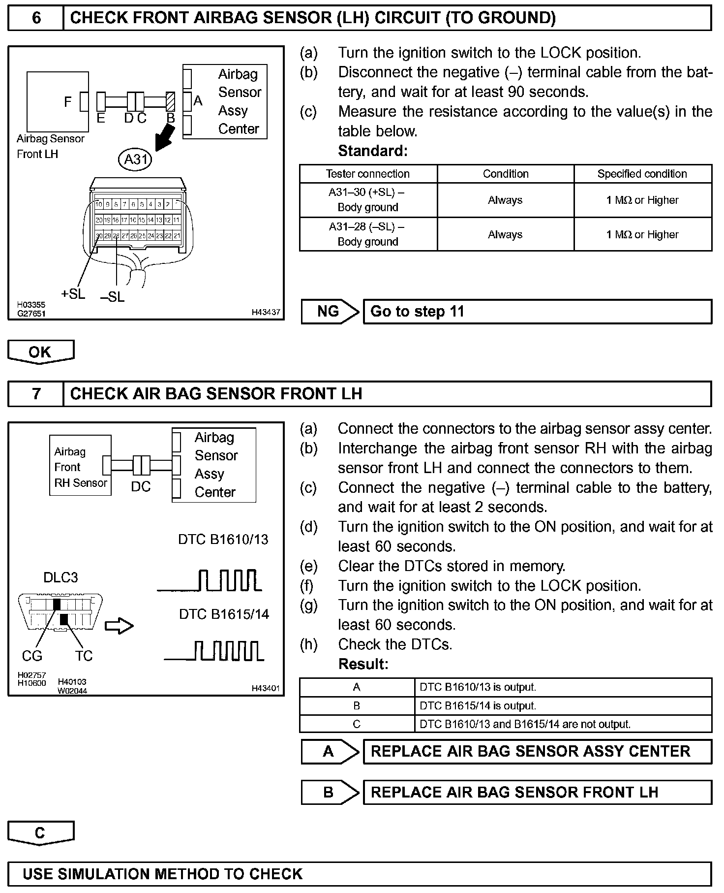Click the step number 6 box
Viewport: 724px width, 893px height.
36,18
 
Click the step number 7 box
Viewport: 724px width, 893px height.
36,394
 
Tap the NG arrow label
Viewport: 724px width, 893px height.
329,312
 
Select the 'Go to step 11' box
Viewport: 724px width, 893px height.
537,312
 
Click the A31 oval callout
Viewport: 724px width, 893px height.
135,159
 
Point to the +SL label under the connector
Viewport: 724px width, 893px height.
73,294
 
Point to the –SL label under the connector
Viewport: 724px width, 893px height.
113,297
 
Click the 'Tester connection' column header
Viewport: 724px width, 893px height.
367,174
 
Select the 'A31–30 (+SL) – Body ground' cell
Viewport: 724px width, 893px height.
367,200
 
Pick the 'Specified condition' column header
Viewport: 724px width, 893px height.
642,174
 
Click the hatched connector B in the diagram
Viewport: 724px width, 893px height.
171,101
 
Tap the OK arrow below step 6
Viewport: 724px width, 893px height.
40,352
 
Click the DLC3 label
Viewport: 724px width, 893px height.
60,577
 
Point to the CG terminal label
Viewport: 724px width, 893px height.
32,656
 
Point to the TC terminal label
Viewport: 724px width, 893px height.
84,656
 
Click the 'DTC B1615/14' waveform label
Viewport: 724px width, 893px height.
224,614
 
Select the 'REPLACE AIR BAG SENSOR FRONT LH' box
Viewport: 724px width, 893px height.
537,792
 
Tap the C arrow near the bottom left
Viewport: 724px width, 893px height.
40,833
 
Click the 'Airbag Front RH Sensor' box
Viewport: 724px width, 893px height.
80,466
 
